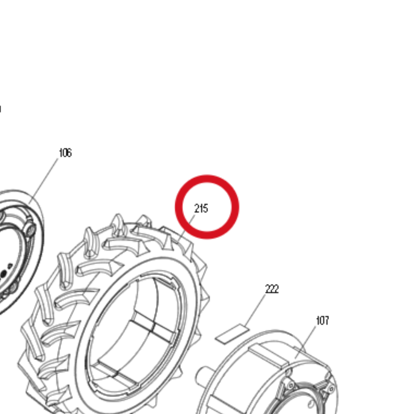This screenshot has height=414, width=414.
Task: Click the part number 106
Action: [x=65, y=153]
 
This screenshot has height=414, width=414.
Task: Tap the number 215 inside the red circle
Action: [x=201, y=208]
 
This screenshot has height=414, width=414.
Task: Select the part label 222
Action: [x=272, y=289]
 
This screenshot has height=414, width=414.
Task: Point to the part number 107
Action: [x=322, y=321]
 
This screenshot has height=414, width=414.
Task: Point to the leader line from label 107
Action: [x=305, y=342]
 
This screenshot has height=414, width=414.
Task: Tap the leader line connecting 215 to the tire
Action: [x=187, y=228]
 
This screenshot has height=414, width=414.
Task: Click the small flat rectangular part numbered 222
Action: [x=232, y=334]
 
